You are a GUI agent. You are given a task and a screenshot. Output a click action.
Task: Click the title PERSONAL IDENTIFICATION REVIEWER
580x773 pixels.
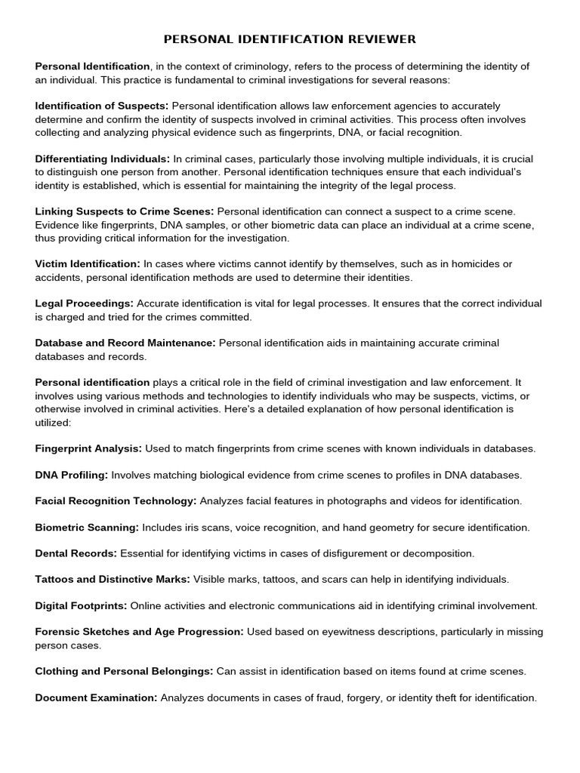click(290, 38)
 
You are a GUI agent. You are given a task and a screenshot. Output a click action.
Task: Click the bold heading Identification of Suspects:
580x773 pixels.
click(102, 106)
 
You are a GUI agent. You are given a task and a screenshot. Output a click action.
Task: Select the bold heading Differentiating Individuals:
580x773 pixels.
click(103, 159)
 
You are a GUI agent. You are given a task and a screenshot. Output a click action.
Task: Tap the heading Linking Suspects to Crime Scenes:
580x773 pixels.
click(125, 211)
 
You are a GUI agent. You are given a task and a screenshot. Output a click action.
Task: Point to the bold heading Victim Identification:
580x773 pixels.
click(88, 263)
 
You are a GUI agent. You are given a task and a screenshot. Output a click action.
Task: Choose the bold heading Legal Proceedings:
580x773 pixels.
click(85, 303)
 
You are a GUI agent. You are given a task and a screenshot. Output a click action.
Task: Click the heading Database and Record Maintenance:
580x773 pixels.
click(125, 343)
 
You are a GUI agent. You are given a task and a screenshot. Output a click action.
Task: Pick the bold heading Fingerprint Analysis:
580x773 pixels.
click(88, 448)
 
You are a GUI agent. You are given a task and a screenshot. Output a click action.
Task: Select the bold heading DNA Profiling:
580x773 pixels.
click(72, 475)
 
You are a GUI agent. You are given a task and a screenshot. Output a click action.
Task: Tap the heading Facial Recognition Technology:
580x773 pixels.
click(116, 500)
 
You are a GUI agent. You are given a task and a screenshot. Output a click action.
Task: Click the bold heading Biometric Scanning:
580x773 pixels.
click(87, 527)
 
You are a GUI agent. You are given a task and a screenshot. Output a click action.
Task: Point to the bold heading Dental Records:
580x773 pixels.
click(76, 553)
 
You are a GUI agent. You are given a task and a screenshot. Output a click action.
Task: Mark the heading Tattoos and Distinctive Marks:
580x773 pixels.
click(113, 579)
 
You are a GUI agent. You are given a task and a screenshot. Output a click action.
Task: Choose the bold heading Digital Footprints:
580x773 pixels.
click(82, 605)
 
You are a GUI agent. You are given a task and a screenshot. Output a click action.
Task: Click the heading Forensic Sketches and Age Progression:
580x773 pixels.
click(139, 632)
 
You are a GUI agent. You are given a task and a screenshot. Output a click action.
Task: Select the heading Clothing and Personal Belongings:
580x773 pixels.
click(125, 671)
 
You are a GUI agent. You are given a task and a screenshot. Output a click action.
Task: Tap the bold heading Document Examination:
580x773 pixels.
click(96, 698)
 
